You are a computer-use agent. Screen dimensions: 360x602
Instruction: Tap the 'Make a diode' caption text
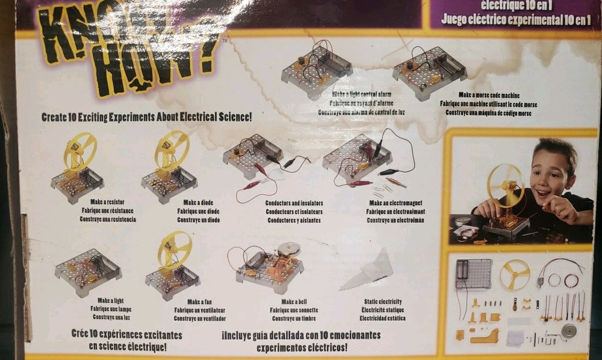tap(198, 203)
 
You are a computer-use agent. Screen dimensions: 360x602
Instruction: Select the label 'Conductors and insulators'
tap(294, 203)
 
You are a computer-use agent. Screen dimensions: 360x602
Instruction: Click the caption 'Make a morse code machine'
tap(489, 95)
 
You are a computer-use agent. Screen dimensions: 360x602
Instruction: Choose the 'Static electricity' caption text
tap(383, 302)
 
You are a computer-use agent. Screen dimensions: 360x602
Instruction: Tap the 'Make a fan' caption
tap(199, 302)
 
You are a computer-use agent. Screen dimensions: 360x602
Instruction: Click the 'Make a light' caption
tap(111, 300)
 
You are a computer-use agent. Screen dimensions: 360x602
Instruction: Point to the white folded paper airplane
tap(368, 270)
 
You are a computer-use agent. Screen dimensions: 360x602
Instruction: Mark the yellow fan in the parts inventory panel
tap(515, 274)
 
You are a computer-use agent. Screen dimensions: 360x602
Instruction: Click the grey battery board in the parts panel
tap(473, 274)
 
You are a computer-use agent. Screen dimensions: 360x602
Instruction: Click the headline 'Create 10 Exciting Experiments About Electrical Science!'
tap(146, 117)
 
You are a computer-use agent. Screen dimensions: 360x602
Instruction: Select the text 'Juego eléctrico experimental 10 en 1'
tap(515, 19)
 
